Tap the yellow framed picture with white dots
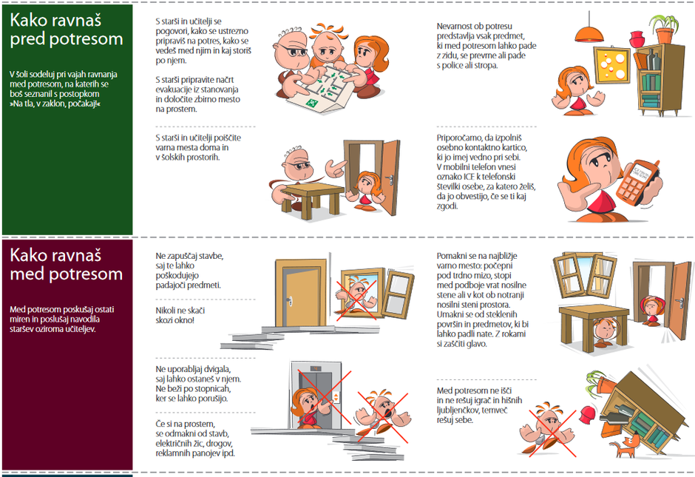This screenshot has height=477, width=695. [x=612, y=65]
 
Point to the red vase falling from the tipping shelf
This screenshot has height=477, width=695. [x=587, y=413]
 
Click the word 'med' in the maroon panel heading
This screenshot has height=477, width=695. [x=27, y=274]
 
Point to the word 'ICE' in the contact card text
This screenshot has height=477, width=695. [x=469, y=177]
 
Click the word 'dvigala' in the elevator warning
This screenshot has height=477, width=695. [x=217, y=369]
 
